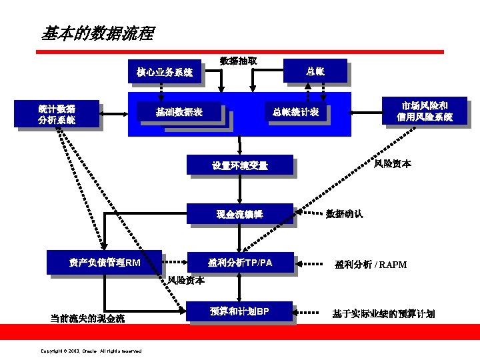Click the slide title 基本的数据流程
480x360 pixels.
click(x=97, y=33)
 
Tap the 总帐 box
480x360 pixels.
click(x=315, y=71)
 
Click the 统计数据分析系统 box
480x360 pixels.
click(x=57, y=114)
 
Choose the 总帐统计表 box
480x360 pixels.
click(x=295, y=112)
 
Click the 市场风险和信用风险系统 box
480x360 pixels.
click(x=424, y=111)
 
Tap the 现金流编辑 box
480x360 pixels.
click(x=240, y=215)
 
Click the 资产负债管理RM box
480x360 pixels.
click(x=105, y=263)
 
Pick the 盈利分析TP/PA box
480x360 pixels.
click(x=240, y=263)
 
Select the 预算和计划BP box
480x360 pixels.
click(x=240, y=311)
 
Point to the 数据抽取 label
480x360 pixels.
click(x=239, y=61)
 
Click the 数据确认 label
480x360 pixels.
click(x=344, y=214)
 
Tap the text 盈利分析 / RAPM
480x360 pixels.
click(x=371, y=265)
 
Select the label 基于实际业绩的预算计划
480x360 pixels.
click(x=383, y=313)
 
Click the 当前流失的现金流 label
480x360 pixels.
click(x=87, y=318)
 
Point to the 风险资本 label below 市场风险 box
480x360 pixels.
click(x=393, y=163)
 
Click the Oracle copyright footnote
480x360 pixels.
click(x=91, y=351)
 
